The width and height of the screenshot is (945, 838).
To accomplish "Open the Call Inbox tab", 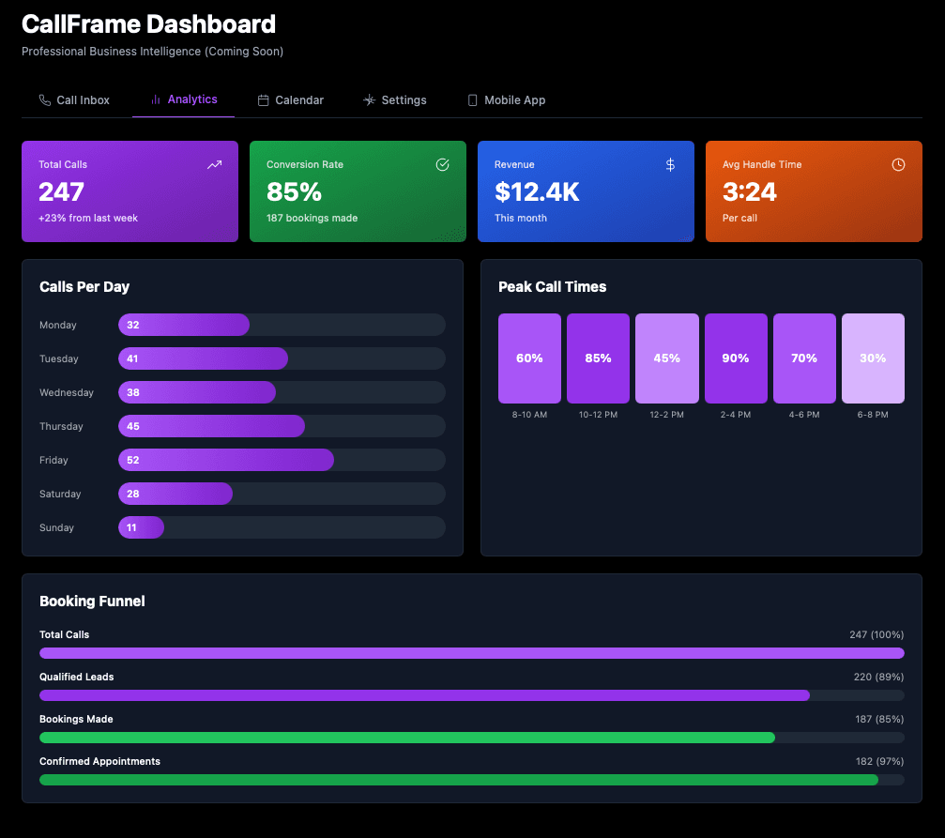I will pos(74,100).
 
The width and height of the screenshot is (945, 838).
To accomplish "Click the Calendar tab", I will pos(291,100).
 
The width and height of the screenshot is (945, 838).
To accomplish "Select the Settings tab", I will pos(395,100).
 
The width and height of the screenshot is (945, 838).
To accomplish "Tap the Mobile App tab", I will pos(506,100).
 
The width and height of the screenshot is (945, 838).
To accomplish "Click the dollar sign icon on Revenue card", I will pos(670,165).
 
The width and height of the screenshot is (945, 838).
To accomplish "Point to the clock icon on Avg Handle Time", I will pos(898,165).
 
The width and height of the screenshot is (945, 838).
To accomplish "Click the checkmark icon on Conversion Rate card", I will pos(443,165).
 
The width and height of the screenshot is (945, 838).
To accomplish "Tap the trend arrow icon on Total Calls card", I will pos(215,165).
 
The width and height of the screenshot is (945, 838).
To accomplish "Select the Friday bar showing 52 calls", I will pos(226,460).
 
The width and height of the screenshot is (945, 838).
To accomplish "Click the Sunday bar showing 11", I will pos(141,527).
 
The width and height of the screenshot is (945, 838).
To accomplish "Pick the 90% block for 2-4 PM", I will pos(736,358).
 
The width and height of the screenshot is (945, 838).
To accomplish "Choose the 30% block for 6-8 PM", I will pos(873,358).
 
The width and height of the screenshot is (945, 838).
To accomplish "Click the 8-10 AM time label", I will pos(529,414).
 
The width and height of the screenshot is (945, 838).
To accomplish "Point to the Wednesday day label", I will pos(67,392).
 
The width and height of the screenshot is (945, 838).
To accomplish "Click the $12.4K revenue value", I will pos(537,192).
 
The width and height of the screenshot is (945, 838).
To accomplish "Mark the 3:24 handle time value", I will pos(749,192).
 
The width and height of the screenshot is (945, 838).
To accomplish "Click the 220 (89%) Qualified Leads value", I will pos(876,677).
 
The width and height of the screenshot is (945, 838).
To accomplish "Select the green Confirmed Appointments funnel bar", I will pos(458,780).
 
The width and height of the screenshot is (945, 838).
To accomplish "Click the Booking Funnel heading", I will pos(92,601).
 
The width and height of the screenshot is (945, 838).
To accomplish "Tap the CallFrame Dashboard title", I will pos(148,24).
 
